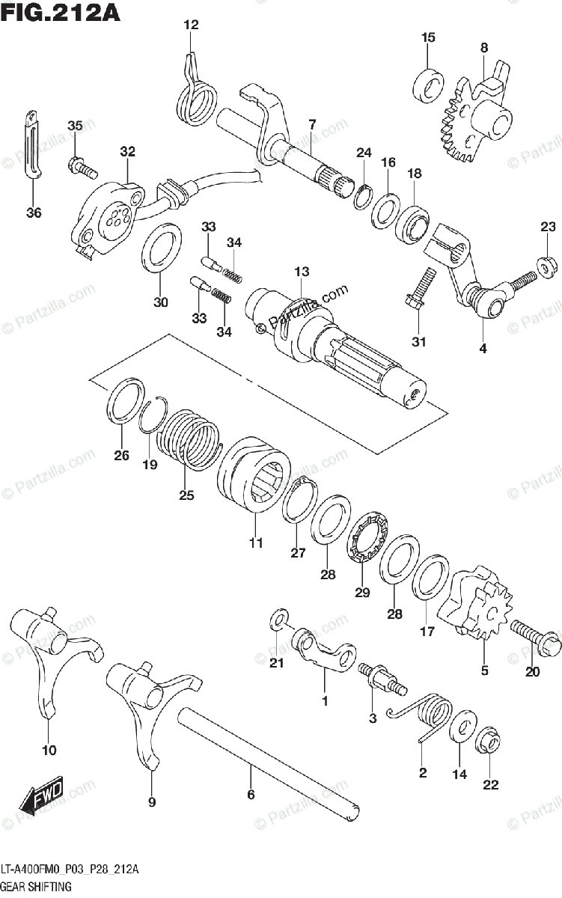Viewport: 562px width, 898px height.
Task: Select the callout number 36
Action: (x=34, y=213)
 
